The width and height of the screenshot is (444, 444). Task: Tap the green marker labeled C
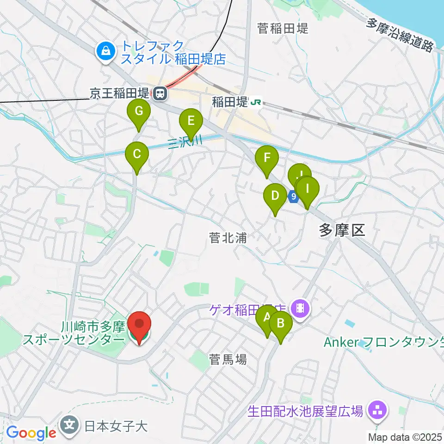pos(137,154)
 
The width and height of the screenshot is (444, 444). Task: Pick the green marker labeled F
pos(267,158)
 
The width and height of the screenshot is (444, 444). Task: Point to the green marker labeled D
pos(275,196)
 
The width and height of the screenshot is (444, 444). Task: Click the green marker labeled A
pos(267,318)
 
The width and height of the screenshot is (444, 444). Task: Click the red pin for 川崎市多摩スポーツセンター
pos(139,325)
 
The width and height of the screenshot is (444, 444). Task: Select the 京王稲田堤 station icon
pos(160,94)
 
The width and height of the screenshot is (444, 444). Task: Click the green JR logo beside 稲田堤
pos(255,102)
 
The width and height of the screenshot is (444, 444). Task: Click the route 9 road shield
pos(293,197)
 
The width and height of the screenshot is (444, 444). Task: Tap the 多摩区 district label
pos(342,229)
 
